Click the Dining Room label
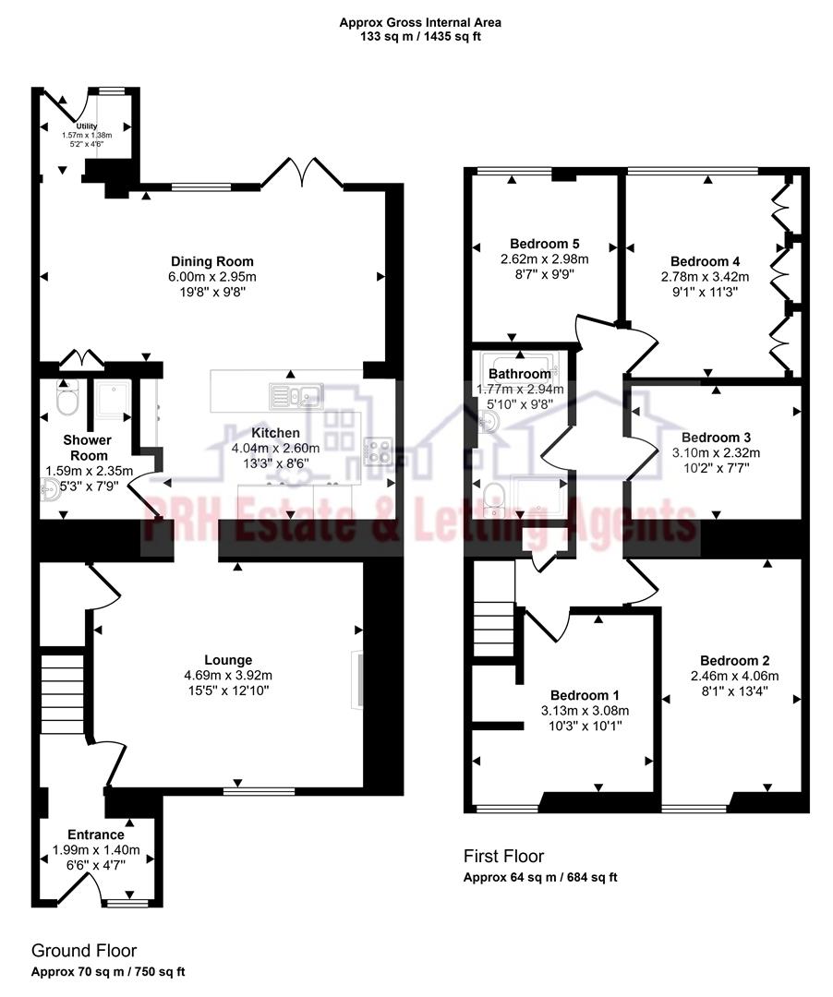click(x=211, y=261)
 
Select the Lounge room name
click(x=228, y=660)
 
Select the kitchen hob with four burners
click(x=379, y=450)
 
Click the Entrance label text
click(x=95, y=835)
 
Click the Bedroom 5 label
click(x=544, y=245)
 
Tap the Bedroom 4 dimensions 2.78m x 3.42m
click(x=705, y=276)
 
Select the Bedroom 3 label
click(x=716, y=437)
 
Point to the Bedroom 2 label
click(x=734, y=660)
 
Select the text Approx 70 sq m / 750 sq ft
click(x=109, y=972)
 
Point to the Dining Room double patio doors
click(x=302, y=174)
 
